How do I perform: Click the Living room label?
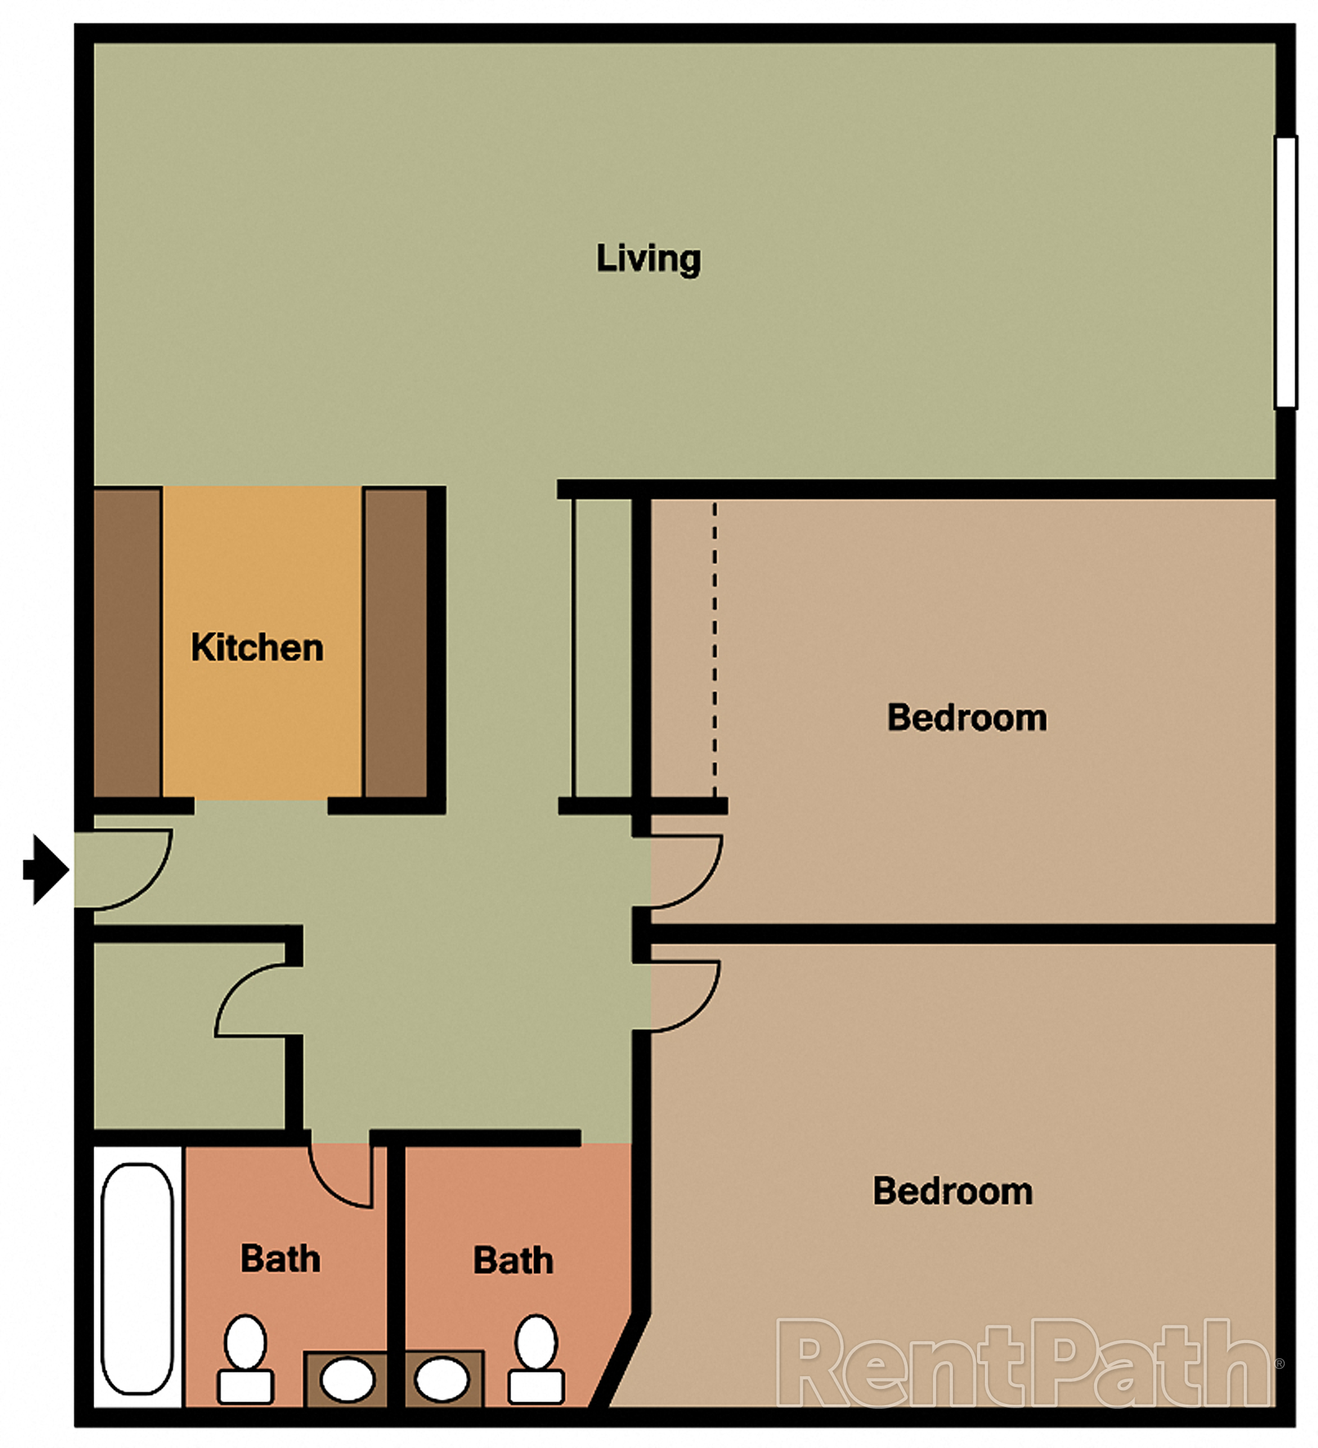click(648, 259)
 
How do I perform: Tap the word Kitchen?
click(257, 647)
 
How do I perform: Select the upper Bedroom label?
click(966, 717)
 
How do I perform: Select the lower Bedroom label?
click(952, 1191)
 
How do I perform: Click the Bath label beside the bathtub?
click(280, 1259)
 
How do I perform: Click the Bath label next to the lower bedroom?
click(513, 1260)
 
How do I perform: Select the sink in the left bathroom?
click(347, 1380)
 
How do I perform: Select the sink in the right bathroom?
click(442, 1380)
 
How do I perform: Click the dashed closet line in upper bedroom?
click(714, 646)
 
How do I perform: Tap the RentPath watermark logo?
click(1024, 1365)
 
